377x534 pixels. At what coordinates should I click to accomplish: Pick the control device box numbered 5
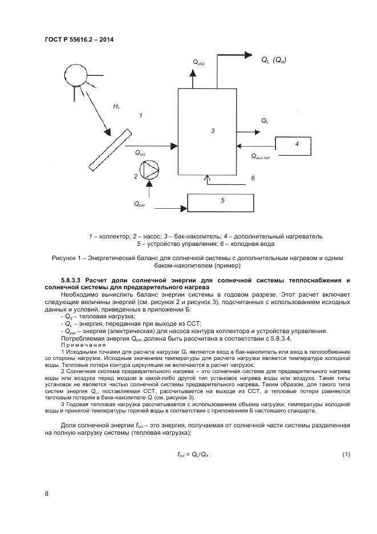tap(223, 201)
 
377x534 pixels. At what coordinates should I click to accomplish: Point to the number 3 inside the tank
tap(212, 131)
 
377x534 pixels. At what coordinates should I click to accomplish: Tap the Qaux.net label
tap(260, 156)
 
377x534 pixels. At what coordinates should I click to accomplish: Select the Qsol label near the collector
tap(140, 153)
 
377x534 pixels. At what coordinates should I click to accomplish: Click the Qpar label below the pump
tap(140, 204)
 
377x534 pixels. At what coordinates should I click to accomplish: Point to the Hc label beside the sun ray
tap(116, 106)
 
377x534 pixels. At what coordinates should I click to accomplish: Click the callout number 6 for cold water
tap(252, 179)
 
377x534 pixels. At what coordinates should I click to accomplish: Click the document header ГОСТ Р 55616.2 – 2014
tap(78, 40)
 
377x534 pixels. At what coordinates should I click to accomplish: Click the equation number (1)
tap(346, 454)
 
